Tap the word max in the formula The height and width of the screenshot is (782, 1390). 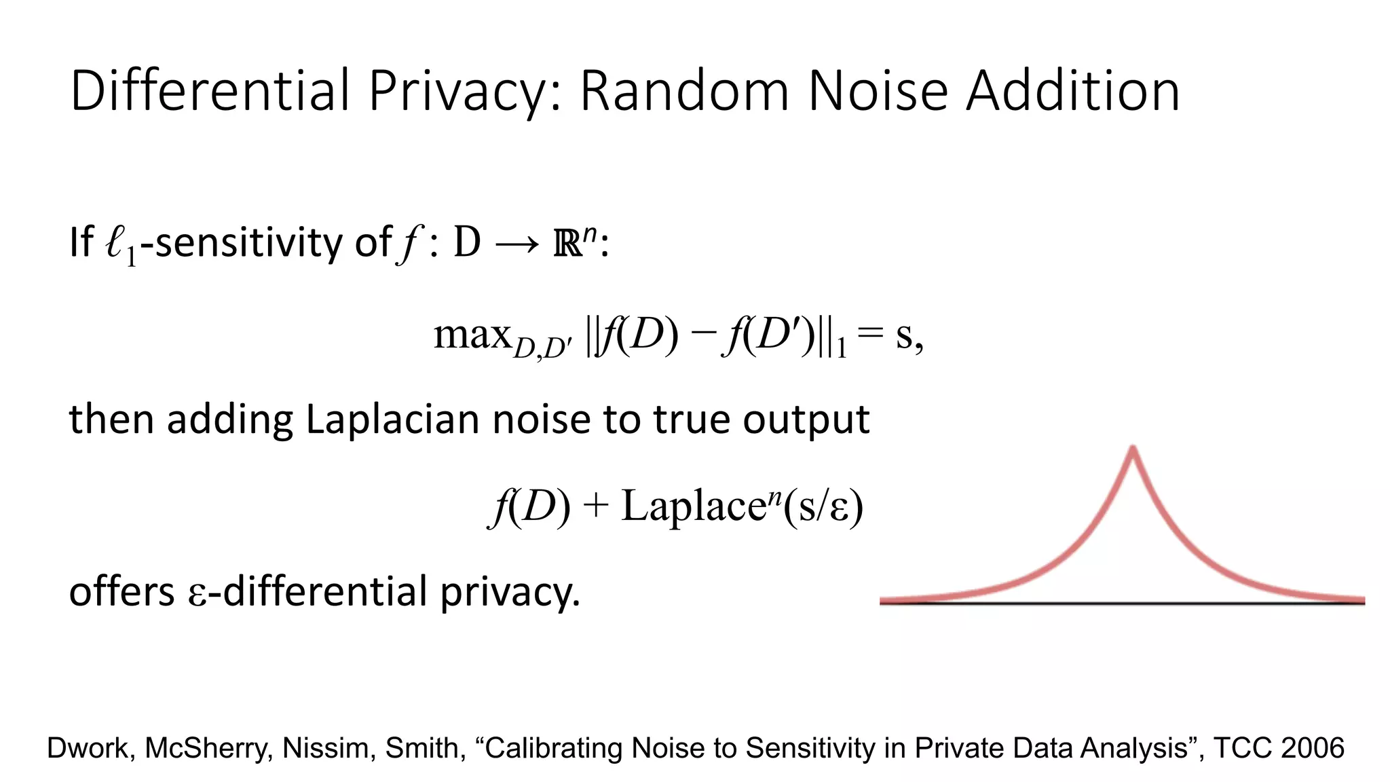tap(472, 335)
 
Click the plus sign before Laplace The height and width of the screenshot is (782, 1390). tap(595, 506)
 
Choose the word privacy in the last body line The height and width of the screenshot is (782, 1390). tap(509, 593)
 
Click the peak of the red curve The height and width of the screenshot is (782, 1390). tap(1133, 449)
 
